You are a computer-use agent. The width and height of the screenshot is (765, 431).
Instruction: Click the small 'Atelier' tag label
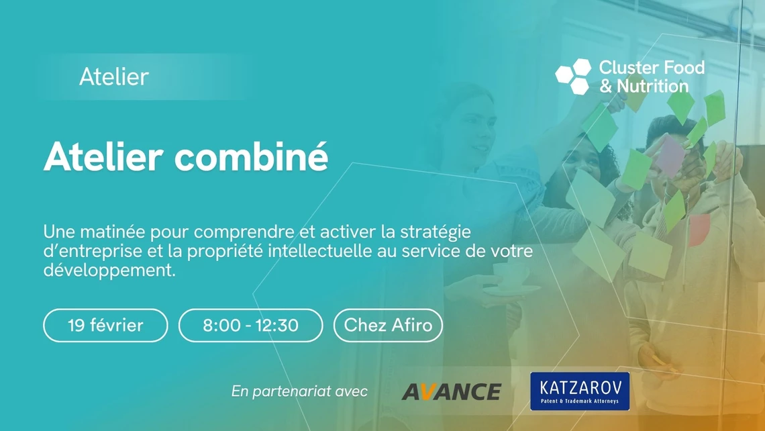point(113,77)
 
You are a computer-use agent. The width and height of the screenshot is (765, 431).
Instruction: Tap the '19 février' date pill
point(105,326)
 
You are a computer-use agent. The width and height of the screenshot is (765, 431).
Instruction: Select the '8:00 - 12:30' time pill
point(250,326)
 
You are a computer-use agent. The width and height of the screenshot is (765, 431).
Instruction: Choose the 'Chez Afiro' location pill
point(388,326)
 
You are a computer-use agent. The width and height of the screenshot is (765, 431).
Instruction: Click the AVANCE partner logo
point(451,391)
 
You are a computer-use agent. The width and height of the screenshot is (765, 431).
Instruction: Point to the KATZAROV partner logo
point(580,391)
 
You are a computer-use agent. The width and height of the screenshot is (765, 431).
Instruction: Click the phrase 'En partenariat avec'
point(299,391)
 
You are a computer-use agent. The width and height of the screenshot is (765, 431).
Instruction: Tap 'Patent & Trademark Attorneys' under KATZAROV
point(580,402)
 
